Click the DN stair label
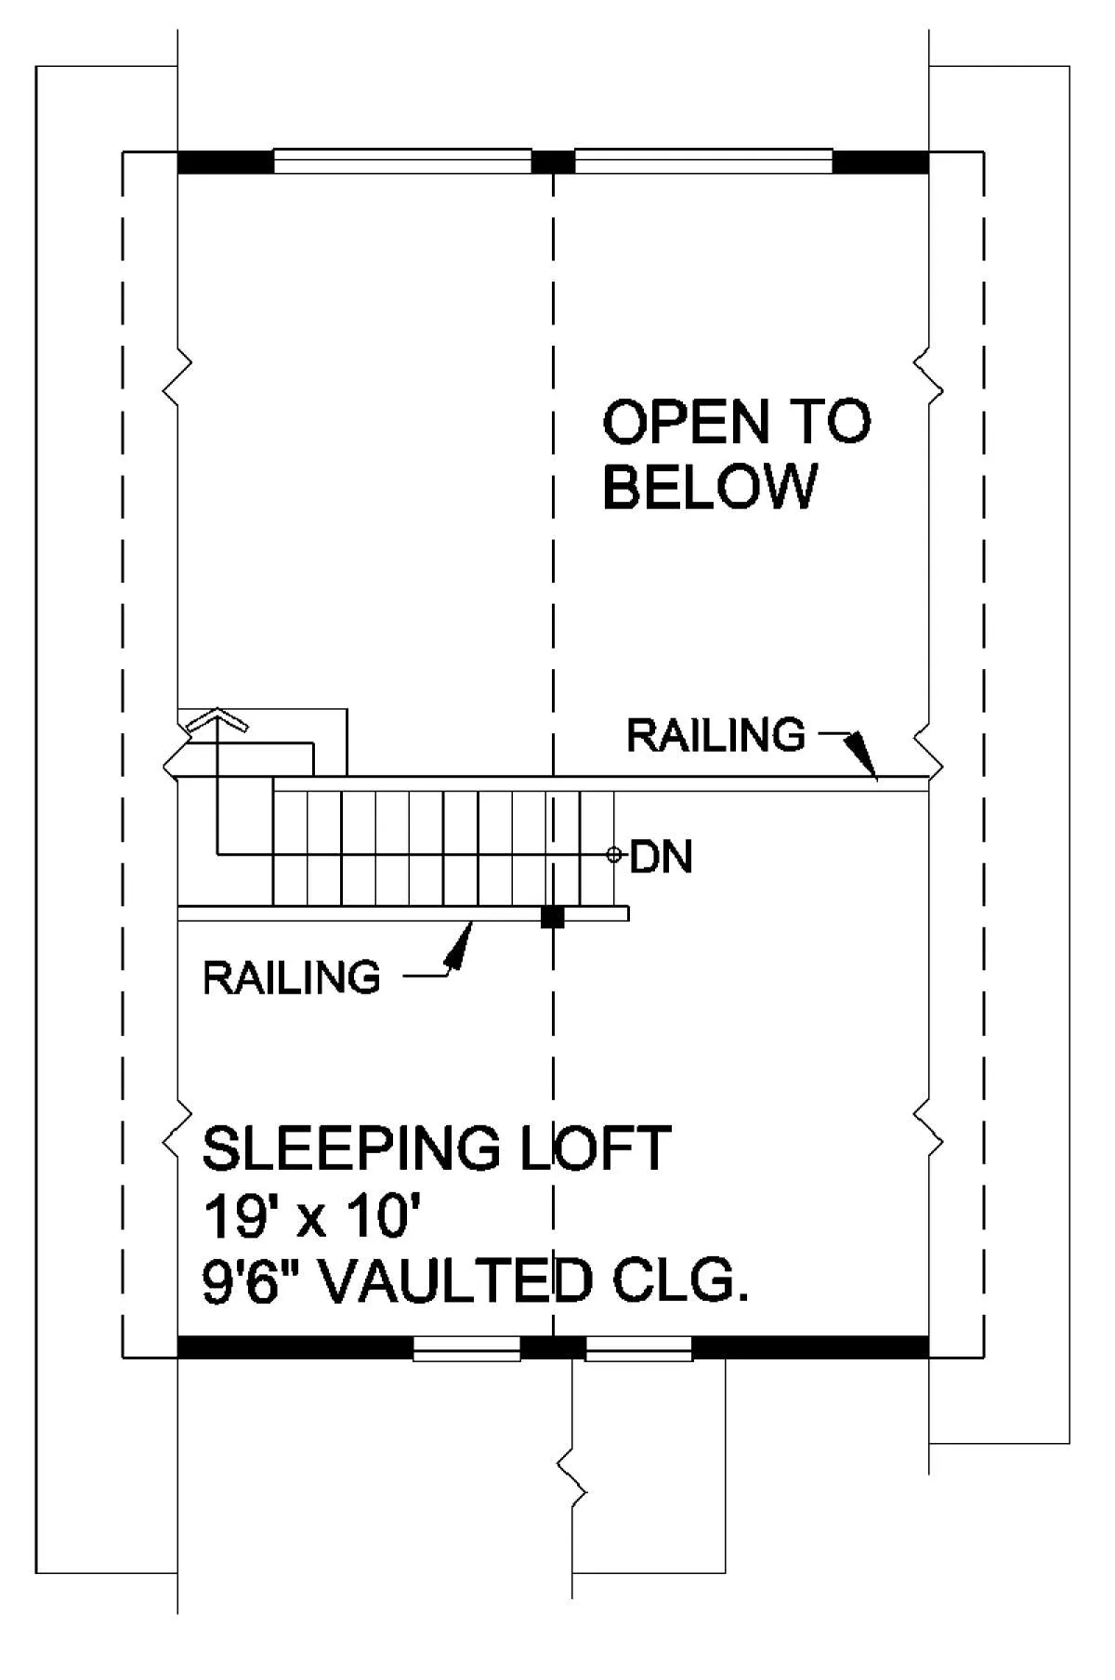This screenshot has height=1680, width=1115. pos(662,857)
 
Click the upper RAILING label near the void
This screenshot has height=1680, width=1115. pos(716,735)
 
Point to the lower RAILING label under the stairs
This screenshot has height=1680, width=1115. pos(292,978)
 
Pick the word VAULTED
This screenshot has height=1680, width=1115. pos(460,1282)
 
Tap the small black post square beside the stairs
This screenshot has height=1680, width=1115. pos(553,917)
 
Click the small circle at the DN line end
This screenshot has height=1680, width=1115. pos(613,855)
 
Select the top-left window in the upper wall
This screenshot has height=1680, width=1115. pos(402,162)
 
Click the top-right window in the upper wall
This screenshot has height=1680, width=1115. pos(703,162)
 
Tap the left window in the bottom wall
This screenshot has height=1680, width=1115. pos(466,1348)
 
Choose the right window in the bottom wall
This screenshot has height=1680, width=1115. pos(639,1348)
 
